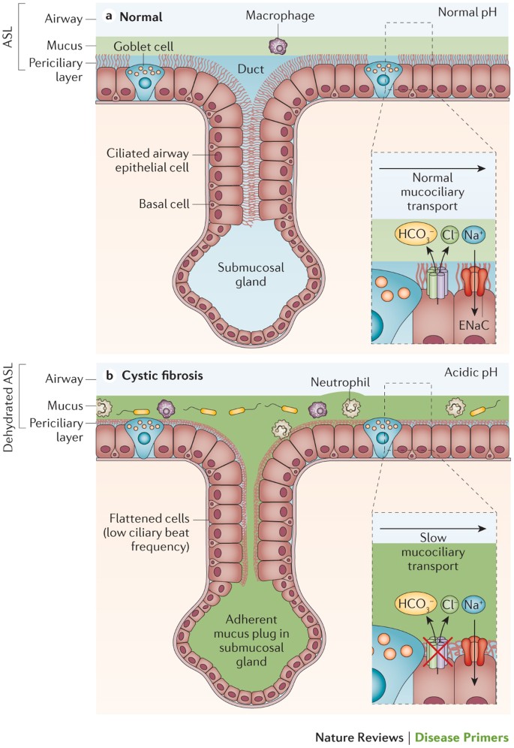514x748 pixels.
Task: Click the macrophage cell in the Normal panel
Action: (280, 46)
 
